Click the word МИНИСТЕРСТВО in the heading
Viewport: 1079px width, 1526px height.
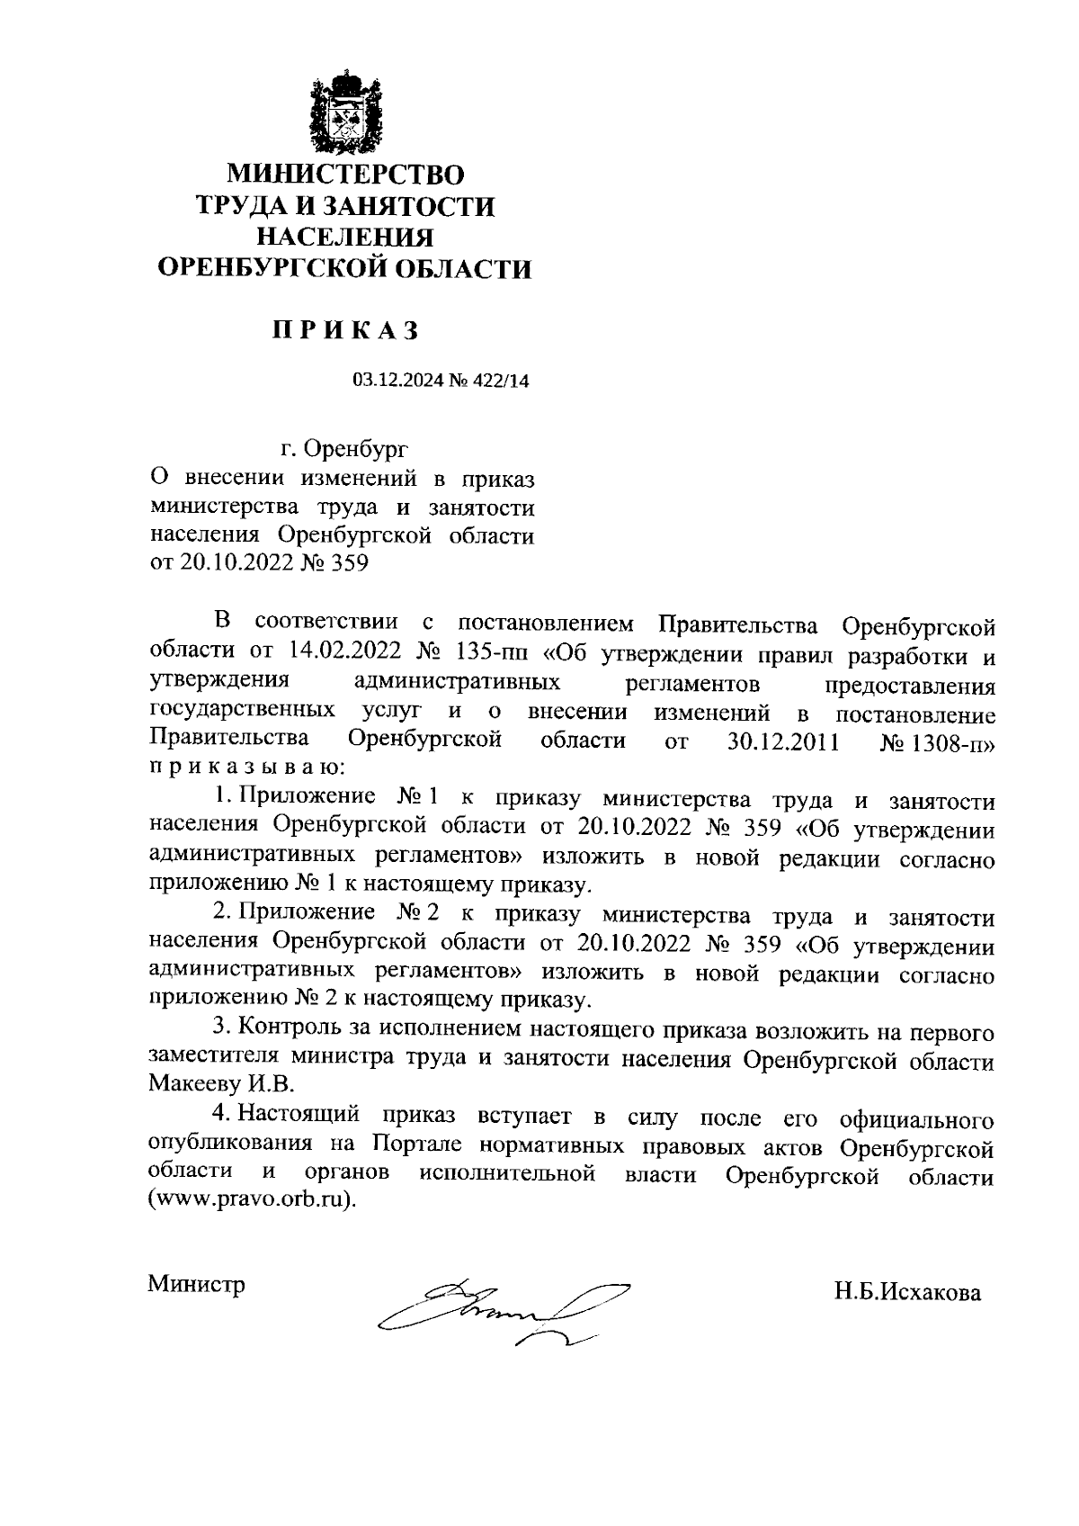346,173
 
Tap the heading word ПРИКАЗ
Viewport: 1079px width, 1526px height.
346,331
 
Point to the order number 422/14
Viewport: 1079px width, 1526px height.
499,381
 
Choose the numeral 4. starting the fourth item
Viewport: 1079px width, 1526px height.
222,1115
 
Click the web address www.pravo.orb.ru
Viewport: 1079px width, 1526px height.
252,1202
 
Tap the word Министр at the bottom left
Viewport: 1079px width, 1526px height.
196,1284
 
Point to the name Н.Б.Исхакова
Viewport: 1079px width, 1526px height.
906,1293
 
